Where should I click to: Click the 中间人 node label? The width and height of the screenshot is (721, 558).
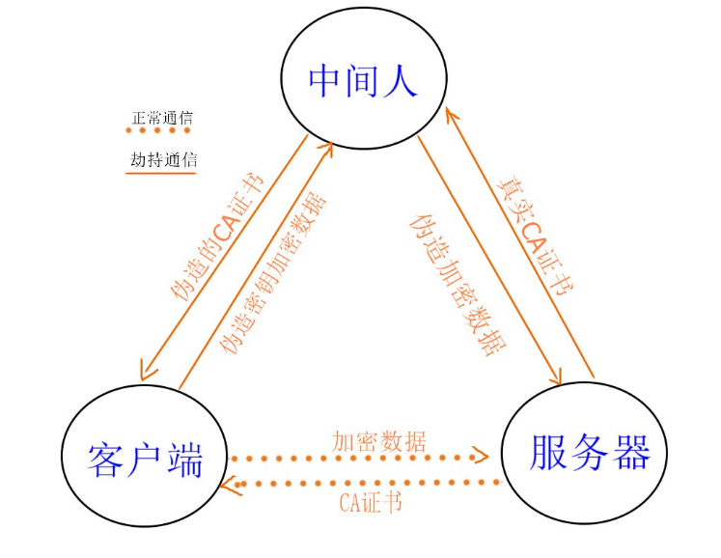point(363,81)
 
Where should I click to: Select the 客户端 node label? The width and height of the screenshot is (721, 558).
point(146,460)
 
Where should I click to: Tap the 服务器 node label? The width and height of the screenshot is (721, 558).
point(590,453)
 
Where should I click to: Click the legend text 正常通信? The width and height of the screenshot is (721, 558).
point(162,118)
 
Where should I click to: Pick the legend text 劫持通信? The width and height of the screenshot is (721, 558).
point(163,160)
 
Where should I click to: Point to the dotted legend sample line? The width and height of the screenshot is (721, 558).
point(157,130)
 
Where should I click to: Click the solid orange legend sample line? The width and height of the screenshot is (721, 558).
point(161,174)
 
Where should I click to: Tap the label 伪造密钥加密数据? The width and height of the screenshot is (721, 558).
point(272,273)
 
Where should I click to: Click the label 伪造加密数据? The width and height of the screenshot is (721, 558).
point(458,285)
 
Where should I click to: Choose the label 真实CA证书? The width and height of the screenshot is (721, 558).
point(536,236)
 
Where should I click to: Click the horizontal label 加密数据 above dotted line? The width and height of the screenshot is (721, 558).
point(379,442)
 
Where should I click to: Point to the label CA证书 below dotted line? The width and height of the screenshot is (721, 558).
point(371,502)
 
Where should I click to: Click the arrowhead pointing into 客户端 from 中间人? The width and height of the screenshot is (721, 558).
point(146,373)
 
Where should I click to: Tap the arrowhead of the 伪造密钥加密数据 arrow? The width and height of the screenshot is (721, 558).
point(326,148)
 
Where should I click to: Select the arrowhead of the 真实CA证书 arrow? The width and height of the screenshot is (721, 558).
point(452,115)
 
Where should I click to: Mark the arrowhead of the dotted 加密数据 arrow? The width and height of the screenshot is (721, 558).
point(481,456)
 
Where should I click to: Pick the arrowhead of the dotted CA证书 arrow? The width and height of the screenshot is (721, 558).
point(230,485)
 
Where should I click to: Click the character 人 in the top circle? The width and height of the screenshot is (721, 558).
point(400,81)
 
